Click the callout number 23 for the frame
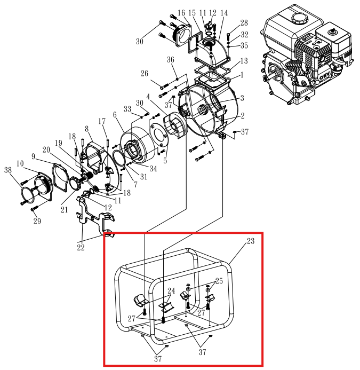click(251, 241)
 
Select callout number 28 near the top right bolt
click(244, 23)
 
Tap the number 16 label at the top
click(181, 13)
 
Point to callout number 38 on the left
click(8, 170)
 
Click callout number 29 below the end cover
click(37, 221)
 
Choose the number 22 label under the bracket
click(81, 247)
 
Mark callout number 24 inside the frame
click(171, 291)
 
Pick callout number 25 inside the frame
click(219, 281)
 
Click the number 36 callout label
click(171, 59)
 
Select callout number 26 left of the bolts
click(145, 74)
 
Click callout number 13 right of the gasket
click(243, 61)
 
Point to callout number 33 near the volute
click(127, 109)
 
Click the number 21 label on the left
click(64, 210)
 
